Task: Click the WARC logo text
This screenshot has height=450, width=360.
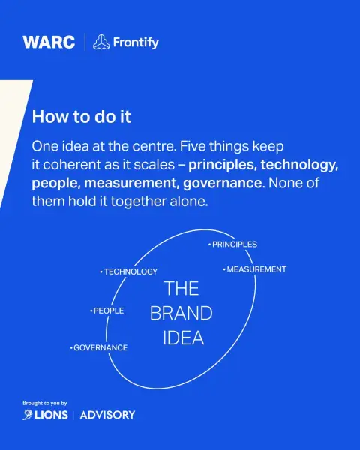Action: (49, 43)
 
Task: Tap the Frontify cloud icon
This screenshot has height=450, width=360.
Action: (101, 42)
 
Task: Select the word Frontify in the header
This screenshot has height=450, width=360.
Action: (136, 43)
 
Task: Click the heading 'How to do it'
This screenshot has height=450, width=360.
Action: (82, 117)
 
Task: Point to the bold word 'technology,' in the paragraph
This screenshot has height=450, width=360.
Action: (300, 165)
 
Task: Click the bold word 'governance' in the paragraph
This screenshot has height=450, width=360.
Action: (223, 184)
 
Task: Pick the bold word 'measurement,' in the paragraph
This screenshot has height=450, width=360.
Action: (132, 184)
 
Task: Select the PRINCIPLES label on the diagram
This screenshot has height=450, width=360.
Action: (232, 244)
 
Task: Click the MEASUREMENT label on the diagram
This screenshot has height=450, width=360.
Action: (255, 269)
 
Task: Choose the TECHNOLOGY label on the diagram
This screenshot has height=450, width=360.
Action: (128, 271)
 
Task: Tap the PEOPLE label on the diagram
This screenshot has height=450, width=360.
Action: (106, 310)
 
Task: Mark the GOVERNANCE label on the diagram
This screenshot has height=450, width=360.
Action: (99, 347)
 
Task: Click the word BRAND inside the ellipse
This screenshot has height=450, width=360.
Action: (181, 313)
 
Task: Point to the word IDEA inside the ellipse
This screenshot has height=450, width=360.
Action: (183, 337)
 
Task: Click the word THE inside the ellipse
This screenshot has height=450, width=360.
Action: (181, 288)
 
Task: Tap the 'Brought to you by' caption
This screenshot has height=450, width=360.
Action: (45, 403)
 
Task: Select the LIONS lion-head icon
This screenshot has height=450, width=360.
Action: (28, 415)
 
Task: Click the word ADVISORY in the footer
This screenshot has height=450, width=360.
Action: (107, 415)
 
